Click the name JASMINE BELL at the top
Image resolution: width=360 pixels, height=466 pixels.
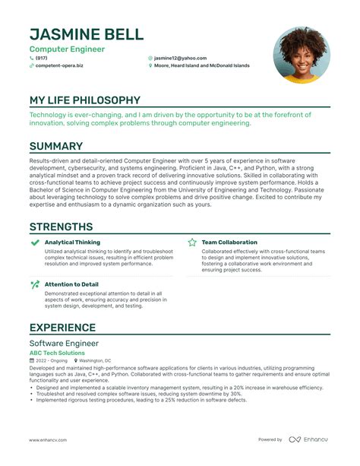(85, 34)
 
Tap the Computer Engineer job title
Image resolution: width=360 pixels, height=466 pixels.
(67, 49)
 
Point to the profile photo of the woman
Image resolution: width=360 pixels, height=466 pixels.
(301, 55)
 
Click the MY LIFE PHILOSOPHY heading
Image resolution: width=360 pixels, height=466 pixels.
(84, 100)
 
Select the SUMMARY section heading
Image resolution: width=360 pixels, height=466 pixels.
(56, 146)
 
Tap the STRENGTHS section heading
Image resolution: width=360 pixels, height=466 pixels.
(61, 227)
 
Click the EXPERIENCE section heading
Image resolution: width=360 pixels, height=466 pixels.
(62, 328)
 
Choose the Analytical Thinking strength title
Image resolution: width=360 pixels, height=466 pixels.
(72, 243)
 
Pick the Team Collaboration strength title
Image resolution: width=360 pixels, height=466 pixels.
(229, 243)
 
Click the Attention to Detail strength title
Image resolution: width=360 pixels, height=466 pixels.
(71, 284)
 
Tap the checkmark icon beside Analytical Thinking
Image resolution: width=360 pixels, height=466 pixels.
(35, 243)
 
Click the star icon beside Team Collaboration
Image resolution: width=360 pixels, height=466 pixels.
(192, 243)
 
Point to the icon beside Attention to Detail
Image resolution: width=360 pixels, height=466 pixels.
(35, 284)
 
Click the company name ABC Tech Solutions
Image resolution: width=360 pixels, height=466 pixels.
(57, 353)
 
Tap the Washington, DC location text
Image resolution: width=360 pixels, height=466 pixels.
(95, 360)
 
